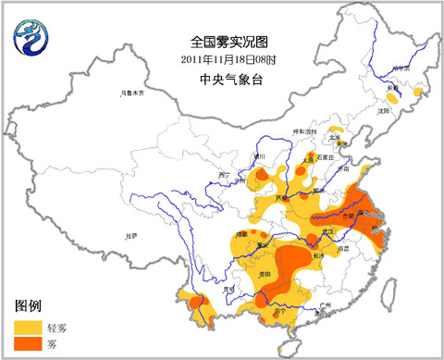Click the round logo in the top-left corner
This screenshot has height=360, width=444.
pos(28,36)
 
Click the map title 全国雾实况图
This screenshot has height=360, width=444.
pos(220,42)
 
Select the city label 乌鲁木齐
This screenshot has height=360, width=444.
pos(134,93)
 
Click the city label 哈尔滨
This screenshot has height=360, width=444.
pos(400,68)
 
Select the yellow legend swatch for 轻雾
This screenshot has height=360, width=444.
pos(27,327)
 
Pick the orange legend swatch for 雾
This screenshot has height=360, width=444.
pos(27,344)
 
